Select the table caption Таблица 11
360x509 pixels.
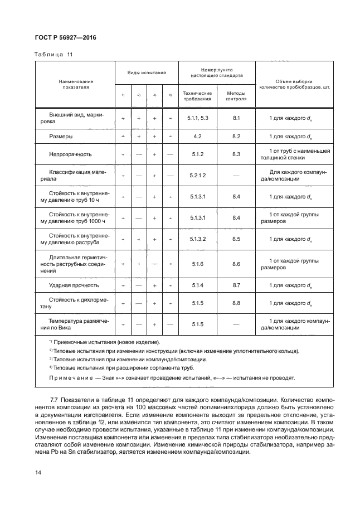(53, 54)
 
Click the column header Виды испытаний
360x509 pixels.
(147, 73)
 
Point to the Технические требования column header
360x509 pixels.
(197, 95)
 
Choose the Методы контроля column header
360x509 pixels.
(236, 95)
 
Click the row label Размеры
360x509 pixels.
(61, 136)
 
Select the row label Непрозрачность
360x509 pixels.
(70, 154)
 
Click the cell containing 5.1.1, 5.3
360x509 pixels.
(197, 118)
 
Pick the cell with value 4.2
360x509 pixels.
(197, 136)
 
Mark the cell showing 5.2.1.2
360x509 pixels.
(198, 176)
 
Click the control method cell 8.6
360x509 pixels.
(236, 264)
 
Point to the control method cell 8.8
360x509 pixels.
(236, 303)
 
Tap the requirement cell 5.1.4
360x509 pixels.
(198, 285)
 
